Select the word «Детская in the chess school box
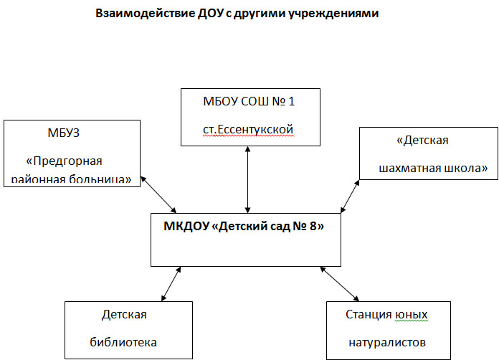pyautogui.click(x=422, y=141)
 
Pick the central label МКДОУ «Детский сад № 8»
pyautogui.click(x=244, y=227)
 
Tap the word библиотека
pyautogui.click(x=123, y=341)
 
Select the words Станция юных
pyautogui.click(x=387, y=315)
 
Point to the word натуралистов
pyautogui.click(x=387, y=341)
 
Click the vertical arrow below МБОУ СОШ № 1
pyautogui.click(x=247, y=179)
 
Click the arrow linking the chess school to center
pyautogui.click(x=349, y=196)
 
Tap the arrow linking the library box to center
pyautogui.click(x=171, y=284)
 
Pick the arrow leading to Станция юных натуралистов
pyautogui.click(x=339, y=284)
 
